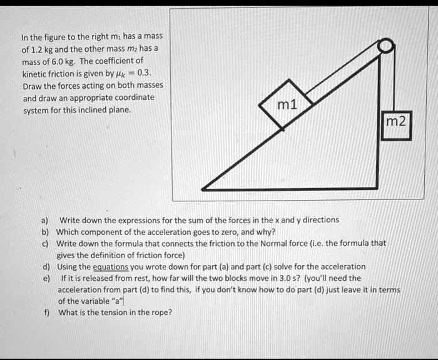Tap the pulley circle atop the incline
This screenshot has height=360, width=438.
click(387, 46)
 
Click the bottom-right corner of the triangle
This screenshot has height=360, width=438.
click(377, 187)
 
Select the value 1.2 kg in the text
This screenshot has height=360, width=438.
click(36, 49)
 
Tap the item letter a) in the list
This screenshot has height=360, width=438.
click(44, 220)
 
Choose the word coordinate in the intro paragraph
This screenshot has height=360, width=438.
click(134, 97)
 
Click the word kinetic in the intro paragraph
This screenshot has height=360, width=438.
click(35, 73)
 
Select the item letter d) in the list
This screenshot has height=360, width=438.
click(46, 266)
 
